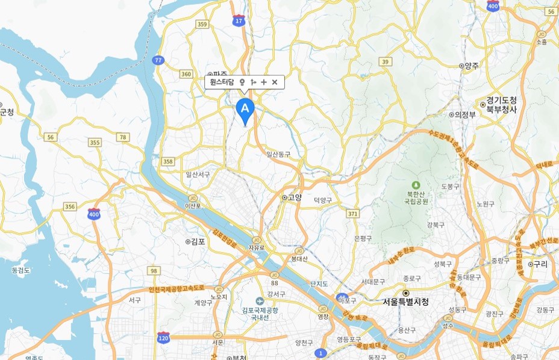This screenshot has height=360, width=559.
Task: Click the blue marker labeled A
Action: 245,109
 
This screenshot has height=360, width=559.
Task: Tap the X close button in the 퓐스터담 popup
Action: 275,82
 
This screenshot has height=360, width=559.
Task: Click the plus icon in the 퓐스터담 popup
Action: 264,82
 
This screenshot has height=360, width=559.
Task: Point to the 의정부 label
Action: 463,113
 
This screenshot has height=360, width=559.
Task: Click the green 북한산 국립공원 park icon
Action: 414,185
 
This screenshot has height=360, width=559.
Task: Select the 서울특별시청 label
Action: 405,302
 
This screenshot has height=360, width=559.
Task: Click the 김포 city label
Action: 195,241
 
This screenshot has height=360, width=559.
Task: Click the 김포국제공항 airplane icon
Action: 260,301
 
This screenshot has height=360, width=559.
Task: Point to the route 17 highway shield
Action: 239,20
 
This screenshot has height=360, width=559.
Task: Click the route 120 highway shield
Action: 163,337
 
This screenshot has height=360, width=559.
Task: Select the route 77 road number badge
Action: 158,60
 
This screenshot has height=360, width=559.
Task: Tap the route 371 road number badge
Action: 352,214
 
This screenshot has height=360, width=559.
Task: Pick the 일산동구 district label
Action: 278,154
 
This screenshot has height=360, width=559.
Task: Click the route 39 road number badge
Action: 385,61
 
